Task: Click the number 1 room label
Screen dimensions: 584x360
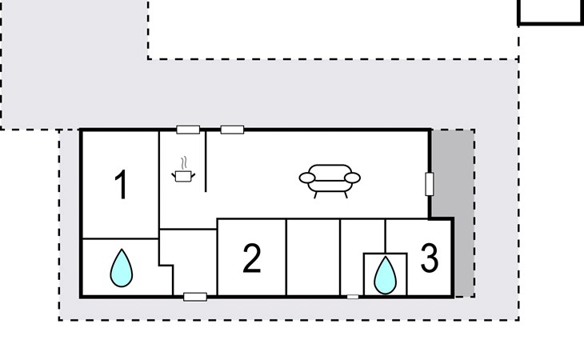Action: click(x=122, y=185)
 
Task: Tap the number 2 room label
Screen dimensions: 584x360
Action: click(x=252, y=258)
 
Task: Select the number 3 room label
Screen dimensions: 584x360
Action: click(x=430, y=258)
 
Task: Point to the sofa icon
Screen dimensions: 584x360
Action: click(x=330, y=181)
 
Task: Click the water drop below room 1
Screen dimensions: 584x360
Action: click(x=122, y=268)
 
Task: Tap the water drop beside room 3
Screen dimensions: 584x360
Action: click(x=385, y=275)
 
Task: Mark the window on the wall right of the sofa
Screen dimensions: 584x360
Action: click(x=430, y=184)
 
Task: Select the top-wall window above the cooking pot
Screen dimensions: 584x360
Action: click(x=188, y=130)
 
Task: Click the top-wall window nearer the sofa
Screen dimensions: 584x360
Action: click(x=233, y=130)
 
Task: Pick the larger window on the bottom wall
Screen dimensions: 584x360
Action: click(x=195, y=297)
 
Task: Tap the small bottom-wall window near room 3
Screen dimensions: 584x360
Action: click(x=353, y=297)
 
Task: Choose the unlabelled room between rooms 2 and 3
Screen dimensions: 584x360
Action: click(x=314, y=258)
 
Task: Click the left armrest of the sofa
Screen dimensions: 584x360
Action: click(x=307, y=178)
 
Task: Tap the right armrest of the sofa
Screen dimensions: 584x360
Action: click(x=352, y=178)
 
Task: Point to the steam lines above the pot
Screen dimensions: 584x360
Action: click(x=183, y=163)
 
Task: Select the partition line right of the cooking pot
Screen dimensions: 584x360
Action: click(x=206, y=161)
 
